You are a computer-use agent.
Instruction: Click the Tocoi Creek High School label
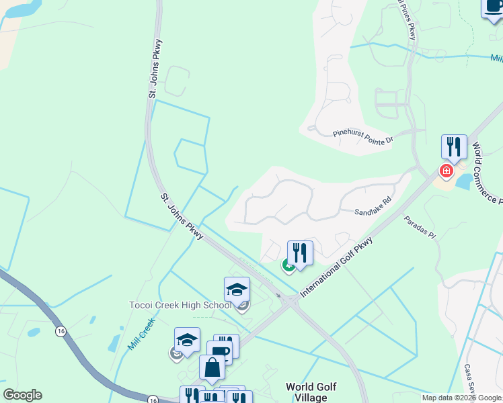coord(180,306)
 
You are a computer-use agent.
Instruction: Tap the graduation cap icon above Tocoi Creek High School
coord(237,290)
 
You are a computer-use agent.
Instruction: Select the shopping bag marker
coord(212,369)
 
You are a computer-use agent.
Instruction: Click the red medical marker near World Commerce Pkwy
coord(445,171)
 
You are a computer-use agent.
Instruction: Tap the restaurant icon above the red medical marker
coord(454,148)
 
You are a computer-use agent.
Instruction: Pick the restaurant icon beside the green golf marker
coord(300,254)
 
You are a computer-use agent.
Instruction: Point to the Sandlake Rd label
coord(373,212)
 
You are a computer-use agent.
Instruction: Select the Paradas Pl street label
coord(420,228)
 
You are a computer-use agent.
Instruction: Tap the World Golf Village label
coord(311,392)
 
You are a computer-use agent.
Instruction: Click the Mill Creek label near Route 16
coord(141,333)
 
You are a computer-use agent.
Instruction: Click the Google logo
coord(22,395)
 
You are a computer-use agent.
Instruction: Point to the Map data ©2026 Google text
coord(462,398)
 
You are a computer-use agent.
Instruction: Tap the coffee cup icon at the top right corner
coord(494,7)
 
